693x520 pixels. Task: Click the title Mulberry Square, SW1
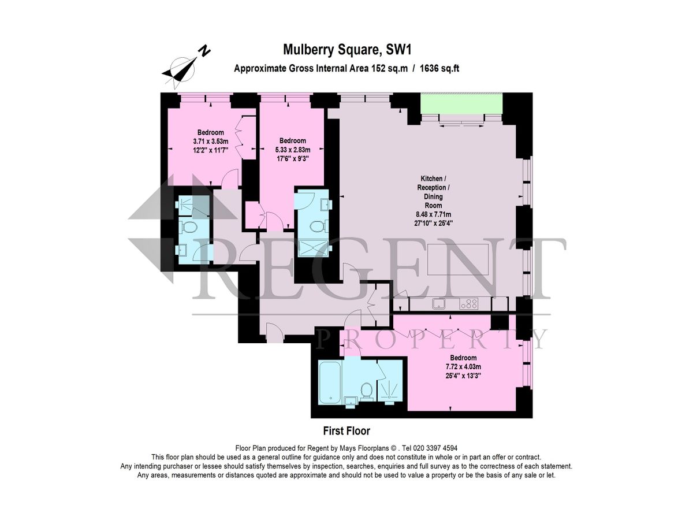346,50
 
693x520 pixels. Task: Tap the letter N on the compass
204,51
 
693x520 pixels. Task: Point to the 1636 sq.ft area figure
435,68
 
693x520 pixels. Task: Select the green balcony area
461,103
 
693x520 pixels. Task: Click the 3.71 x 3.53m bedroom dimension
210,141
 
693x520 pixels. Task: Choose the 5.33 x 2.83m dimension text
292,150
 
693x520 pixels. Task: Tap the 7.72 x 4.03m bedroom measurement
463,366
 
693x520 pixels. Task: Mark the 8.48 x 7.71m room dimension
434,214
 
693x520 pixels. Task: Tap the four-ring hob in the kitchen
470,303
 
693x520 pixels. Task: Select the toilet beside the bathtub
366,391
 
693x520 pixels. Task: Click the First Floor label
346,430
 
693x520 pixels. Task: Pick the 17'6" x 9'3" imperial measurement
292,158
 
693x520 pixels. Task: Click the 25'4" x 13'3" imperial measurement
463,375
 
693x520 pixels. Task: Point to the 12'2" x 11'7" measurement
210,150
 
